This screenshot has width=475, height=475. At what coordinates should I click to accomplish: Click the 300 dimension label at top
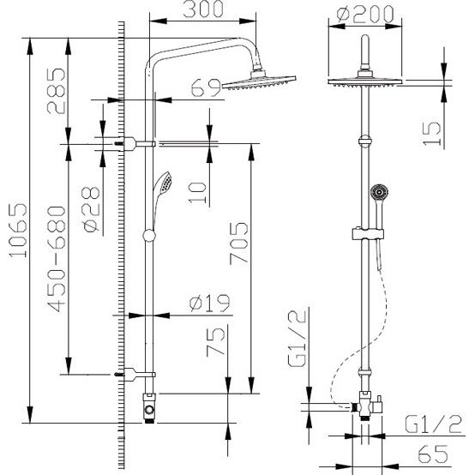[203, 9]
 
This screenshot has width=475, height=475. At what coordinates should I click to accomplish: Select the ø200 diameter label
[365, 14]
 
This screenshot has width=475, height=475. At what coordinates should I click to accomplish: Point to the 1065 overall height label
[17, 231]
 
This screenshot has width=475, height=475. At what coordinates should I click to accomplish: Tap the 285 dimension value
[57, 91]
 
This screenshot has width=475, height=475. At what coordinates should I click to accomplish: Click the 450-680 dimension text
[57, 259]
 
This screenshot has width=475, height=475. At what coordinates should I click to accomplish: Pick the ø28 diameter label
[91, 209]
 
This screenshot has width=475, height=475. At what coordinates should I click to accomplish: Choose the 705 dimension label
[238, 244]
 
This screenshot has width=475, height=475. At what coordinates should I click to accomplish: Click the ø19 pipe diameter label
[210, 303]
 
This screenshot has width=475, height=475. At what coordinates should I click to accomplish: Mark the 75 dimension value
[216, 342]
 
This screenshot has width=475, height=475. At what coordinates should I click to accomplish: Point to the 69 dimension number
[206, 87]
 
